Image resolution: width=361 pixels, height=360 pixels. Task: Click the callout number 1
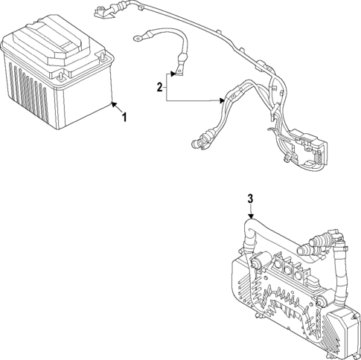(124, 118)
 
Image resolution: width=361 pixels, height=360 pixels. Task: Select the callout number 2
(159, 88)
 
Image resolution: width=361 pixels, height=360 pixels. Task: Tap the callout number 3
(251, 199)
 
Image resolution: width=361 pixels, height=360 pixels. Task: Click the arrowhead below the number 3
(251, 217)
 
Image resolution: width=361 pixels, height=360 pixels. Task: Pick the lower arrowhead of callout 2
(223, 100)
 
